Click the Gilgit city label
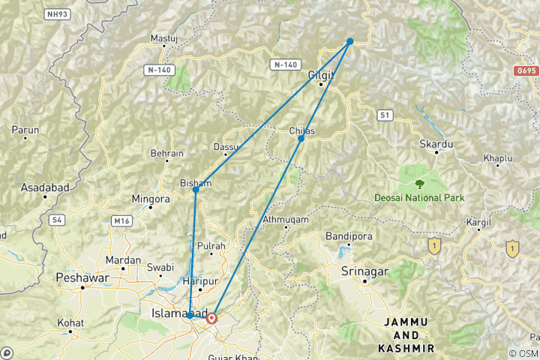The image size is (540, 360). tap(320, 74)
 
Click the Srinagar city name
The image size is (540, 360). tap(363, 270)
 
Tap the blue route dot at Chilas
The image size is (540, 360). tap(301, 139)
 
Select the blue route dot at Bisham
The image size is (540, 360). tap(196, 190)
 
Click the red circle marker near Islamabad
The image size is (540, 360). tap(211, 318)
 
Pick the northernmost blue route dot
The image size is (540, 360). tap(350, 41)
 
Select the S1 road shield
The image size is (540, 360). tap(385, 115)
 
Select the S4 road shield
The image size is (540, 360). tap(56, 220)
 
